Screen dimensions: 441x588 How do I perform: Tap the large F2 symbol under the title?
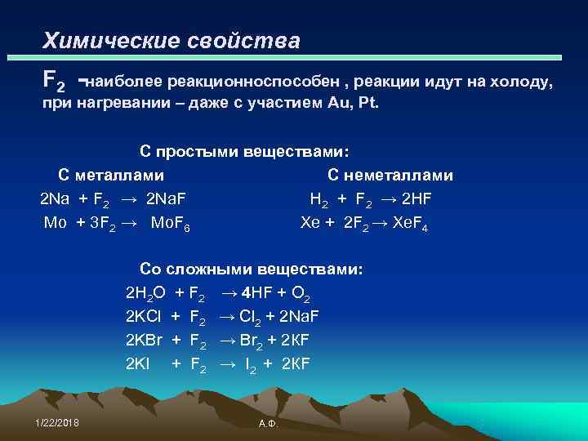(x=55, y=80)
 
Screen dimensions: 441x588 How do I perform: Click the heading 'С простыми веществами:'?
(x=244, y=152)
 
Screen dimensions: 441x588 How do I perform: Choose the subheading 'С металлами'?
(x=110, y=175)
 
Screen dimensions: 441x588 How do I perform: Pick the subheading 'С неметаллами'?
(x=390, y=175)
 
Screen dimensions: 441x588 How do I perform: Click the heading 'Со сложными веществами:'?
(x=252, y=269)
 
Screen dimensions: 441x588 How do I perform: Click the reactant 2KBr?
(x=144, y=340)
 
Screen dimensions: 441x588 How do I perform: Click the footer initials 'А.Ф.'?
(x=267, y=425)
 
